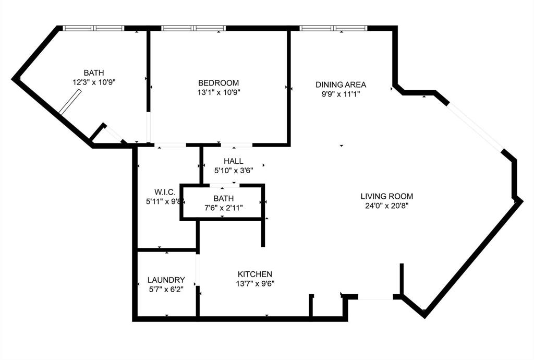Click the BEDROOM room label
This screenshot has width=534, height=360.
219,83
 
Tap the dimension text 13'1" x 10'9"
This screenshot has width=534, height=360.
219,92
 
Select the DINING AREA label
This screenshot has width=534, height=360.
341,85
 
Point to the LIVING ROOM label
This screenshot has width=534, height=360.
387,197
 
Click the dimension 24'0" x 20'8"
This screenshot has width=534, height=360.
387,206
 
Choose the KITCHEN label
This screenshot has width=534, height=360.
255,274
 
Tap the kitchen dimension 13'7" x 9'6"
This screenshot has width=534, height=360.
255,283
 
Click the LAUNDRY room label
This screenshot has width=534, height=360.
166,280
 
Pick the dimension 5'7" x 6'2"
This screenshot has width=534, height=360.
166,289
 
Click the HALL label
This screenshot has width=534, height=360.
234,161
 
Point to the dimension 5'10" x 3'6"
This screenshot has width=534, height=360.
234,170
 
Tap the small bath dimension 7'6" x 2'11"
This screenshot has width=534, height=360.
223,208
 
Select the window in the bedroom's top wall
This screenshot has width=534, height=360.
193,28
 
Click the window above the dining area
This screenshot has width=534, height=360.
334,28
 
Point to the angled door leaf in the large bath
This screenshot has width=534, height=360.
69,101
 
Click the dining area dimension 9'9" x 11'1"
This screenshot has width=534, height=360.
341,94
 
